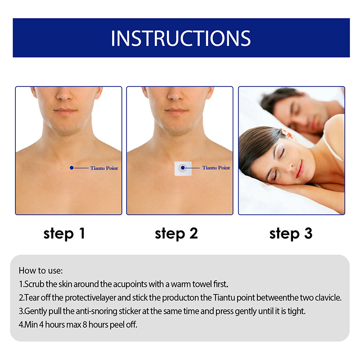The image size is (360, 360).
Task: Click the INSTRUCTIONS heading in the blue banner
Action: pyautogui.click(x=181, y=38)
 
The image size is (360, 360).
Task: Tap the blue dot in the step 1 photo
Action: pyautogui.click(x=72, y=168)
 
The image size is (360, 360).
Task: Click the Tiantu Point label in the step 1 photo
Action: pyautogui.click(x=104, y=168)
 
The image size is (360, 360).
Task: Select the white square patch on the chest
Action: pyautogui.click(x=183, y=168)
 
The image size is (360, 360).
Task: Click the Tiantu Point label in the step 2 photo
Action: pyautogui.click(x=216, y=168)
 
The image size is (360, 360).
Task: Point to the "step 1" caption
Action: pyautogui.click(x=64, y=234)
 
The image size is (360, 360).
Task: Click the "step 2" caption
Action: pyautogui.click(x=176, y=234)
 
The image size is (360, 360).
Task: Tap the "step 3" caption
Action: pyautogui.click(x=291, y=234)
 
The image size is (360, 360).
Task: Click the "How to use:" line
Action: pyautogui.click(x=40, y=270)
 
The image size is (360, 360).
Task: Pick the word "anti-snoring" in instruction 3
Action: pyautogui.click(x=96, y=311)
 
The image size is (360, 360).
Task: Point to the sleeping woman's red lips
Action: pyautogui.click(x=300, y=170)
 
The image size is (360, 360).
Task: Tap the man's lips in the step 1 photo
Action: pyautogui.click(x=65, y=111)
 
